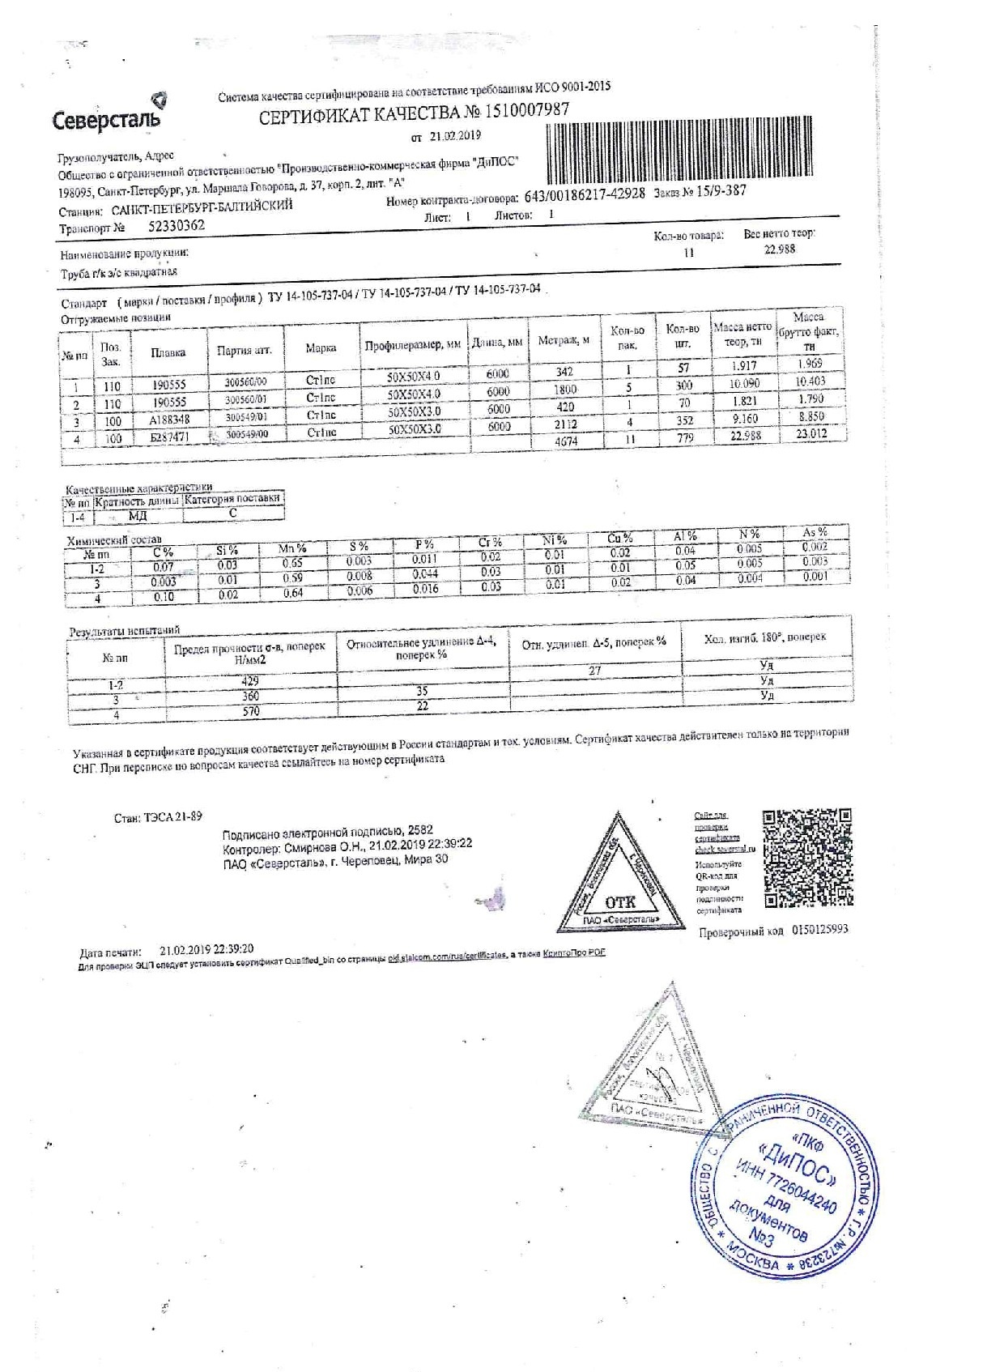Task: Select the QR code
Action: (x=806, y=858)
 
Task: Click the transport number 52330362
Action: (x=177, y=226)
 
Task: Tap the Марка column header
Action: (x=321, y=348)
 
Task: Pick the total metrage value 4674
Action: (x=566, y=441)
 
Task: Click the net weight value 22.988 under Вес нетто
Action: (x=780, y=249)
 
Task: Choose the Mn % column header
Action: (x=292, y=548)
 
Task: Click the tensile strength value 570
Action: (x=251, y=711)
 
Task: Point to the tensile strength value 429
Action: (x=250, y=681)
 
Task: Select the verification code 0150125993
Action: (x=819, y=929)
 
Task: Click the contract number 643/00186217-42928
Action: (x=585, y=195)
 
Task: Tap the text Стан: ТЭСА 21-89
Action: (x=158, y=817)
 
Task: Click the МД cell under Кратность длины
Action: (x=138, y=515)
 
